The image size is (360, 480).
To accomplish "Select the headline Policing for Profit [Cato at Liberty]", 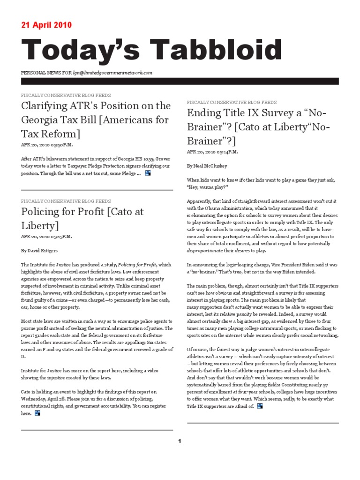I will click(82, 218).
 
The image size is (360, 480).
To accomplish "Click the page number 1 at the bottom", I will click(179, 440).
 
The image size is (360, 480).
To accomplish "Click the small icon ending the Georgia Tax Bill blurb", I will click(148, 173).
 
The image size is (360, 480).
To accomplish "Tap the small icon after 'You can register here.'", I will click(37, 413).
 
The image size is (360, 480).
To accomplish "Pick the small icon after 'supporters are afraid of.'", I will click(260, 405).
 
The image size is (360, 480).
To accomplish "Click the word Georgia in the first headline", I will click(44, 120).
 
